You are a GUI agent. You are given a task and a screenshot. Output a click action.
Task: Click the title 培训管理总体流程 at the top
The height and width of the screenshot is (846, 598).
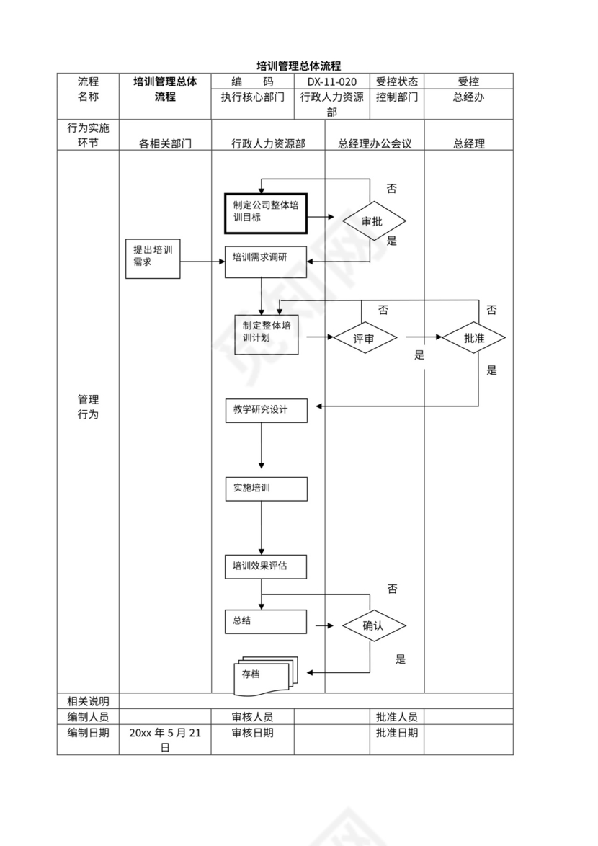click(299, 66)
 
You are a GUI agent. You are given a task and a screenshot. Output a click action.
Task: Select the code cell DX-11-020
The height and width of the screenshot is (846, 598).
click(332, 81)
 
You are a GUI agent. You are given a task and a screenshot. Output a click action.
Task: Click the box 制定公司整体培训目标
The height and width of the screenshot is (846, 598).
click(266, 213)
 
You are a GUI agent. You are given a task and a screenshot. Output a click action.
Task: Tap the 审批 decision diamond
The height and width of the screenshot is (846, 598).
click(373, 222)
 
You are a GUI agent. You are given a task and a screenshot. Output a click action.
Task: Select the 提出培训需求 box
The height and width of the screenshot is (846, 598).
click(152, 259)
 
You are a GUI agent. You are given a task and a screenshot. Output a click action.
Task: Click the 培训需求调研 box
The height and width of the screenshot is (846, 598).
click(266, 262)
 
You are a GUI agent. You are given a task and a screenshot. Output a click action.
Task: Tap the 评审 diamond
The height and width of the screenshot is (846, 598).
click(365, 338)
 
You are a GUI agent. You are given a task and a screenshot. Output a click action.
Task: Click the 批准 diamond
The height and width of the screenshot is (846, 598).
click(474, 337)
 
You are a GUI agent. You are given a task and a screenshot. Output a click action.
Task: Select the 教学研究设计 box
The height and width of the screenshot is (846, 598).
click(266, 410)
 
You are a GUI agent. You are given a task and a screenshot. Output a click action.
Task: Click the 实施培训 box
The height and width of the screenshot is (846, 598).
click(266, 489)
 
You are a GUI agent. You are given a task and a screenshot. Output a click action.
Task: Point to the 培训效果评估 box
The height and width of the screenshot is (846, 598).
click(266, 566)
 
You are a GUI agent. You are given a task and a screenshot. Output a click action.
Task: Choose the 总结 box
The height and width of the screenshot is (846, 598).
click(266, 621)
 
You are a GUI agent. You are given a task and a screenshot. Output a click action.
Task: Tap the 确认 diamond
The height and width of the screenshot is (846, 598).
click(373, 625)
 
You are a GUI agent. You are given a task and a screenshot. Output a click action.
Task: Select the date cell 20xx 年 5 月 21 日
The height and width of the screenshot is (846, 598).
click(165, 740)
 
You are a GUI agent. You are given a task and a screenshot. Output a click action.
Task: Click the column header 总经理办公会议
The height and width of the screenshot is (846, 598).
click(375, 143)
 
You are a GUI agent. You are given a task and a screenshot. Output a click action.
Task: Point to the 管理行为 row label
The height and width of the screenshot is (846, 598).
click(88, 407)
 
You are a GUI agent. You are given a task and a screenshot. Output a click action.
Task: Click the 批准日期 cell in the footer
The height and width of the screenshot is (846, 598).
click(396, 733)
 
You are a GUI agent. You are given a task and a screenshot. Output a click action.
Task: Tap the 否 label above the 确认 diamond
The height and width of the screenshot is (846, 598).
click(392, 589)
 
